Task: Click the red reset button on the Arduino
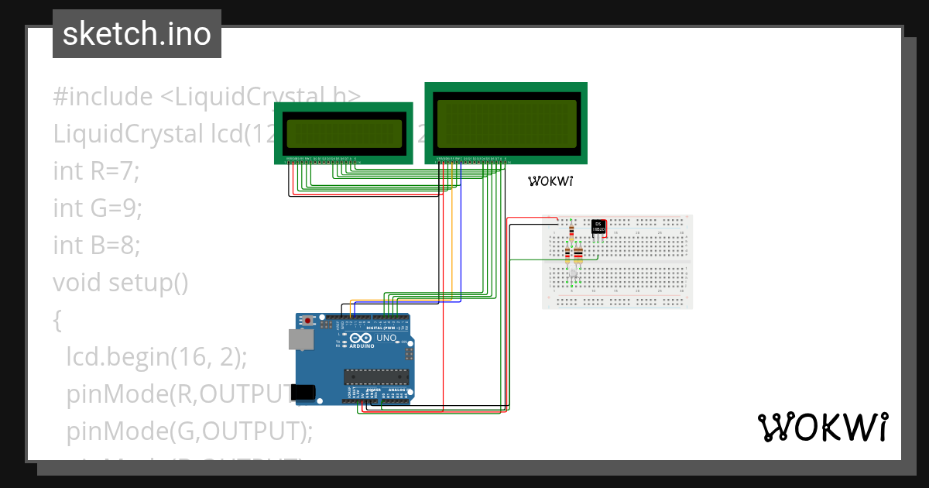[x=308, y=320]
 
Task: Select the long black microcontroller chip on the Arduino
[x=376, y=376]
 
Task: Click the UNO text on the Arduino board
[x=386, y=339]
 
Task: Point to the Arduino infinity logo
[x=361, y=339]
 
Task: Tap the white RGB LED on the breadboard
[x=573, y=273]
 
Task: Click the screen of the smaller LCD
[x=344, y=134]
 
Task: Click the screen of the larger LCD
[x=506, y=123]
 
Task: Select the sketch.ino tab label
[x=137, y=34]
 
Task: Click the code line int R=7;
[x=96, y=171]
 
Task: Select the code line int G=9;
[x=98, y=208]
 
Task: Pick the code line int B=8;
[x=97, y=246]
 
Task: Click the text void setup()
[x=121, y=283]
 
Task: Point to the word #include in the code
[x=102, y=97]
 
